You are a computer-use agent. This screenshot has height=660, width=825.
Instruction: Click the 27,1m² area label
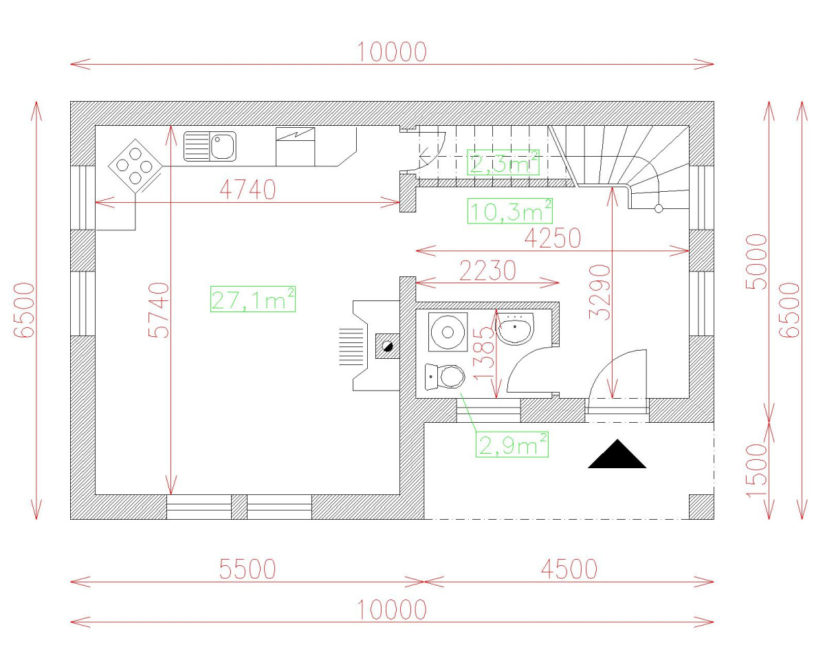click(253, 300)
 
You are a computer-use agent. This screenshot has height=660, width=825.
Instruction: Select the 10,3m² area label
click(510, 211)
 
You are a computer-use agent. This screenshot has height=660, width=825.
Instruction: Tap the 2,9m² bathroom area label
click(513, 445)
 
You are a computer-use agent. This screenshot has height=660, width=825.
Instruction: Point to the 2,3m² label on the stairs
click(503, 163)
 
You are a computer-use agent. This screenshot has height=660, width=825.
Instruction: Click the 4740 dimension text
click(247, 190)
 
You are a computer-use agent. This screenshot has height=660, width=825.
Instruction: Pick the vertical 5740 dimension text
click(158, 309)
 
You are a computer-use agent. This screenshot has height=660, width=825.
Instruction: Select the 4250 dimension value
click(552, 238)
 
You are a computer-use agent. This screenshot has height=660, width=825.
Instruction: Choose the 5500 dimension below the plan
click(247, 569)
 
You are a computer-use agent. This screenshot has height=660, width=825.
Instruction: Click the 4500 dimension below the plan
click(568, 569)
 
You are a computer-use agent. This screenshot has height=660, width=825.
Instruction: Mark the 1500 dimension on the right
click(756, 471)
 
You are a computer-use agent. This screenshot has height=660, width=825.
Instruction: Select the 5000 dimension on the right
click(756, 262)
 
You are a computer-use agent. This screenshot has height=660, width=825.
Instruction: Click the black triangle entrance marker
click(617, 455)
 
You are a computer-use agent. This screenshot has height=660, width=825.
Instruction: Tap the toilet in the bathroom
click(446, 376)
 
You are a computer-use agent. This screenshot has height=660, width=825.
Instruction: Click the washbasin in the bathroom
click(514, 330)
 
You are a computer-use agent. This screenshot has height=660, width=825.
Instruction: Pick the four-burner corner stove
click(135, 166)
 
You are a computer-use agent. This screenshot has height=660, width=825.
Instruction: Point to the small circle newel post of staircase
click(658, 208)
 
